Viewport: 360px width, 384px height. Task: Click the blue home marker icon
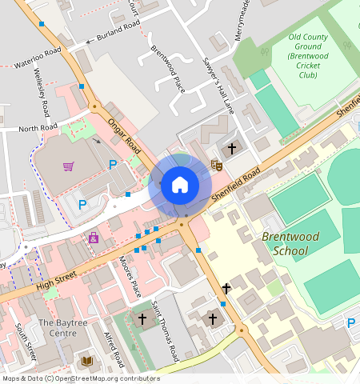point(180,186)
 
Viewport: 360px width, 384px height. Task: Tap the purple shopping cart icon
point(69,166)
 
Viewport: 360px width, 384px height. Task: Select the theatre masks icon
point(215,165)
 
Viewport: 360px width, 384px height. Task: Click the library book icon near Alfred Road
point(86,362)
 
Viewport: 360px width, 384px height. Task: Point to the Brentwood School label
point(279,244)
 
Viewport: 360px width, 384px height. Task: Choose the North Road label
point(38,128)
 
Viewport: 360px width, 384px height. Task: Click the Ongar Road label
point(125,136)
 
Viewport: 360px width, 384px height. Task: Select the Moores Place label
point(130,277)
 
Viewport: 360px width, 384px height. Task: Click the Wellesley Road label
point(42,93)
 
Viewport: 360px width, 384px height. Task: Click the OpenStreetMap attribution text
point(80,378)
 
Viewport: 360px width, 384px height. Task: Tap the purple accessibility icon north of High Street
point(94,238)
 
